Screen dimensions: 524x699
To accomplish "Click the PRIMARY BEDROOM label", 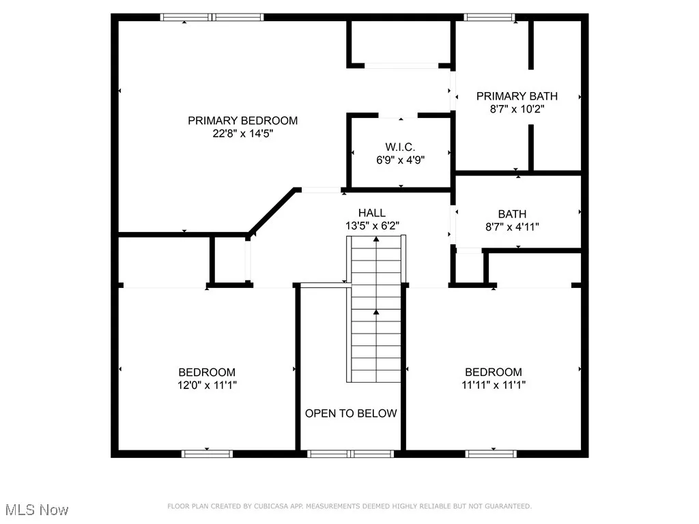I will coord(242,121).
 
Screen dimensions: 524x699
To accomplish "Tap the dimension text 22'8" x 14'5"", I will coord(242,134).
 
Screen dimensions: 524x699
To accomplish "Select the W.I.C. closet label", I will coord(400,147).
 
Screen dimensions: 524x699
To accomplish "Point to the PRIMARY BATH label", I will coord(517,96).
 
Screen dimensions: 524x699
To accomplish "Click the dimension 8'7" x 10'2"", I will coord(517,108).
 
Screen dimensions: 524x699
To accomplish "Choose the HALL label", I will coord(371,213).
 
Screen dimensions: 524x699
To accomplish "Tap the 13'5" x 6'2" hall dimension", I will coord(371,225).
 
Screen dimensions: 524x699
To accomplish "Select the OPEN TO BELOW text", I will coord(350,413).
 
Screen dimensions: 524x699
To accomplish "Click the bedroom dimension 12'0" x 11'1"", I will coord(207,385).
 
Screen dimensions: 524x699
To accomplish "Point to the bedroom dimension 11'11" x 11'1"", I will coord(494,385).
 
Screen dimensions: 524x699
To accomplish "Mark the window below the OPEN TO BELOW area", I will coord(350,454).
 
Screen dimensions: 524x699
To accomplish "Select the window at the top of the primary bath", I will coord(490,17).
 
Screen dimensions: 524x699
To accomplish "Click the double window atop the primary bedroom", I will coord(212,17).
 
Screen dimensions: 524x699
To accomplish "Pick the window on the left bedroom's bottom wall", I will coord(207,454).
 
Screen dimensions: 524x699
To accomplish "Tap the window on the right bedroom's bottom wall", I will coord(491,454).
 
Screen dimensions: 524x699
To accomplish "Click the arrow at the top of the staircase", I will coord(376,239).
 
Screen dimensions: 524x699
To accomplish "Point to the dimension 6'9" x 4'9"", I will coord(400,160).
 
